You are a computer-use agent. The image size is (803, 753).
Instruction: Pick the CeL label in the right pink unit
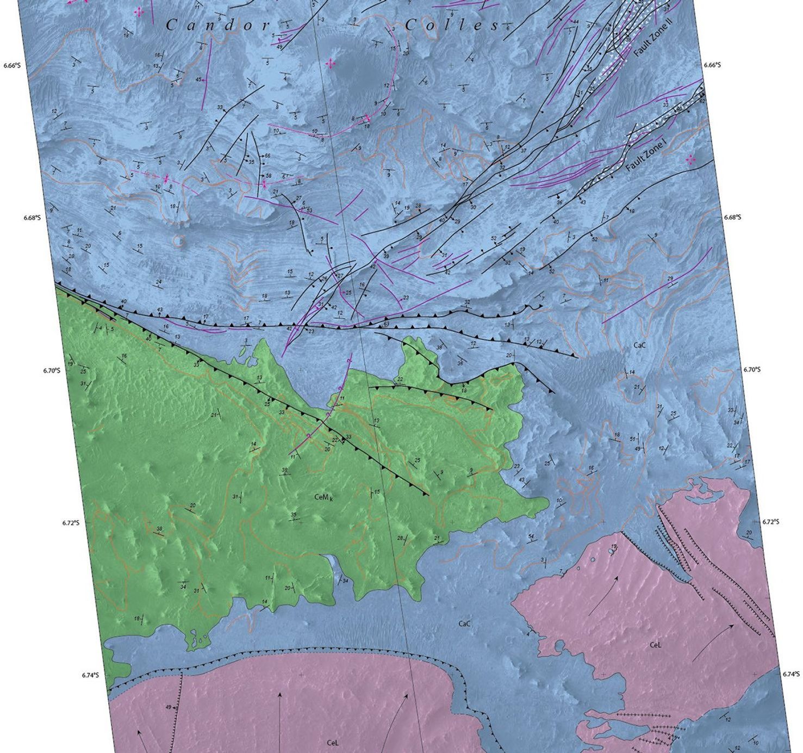point(655,645)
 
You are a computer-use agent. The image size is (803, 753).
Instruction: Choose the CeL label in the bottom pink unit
point(333,743)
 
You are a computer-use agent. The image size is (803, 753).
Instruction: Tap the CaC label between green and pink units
point(464,624)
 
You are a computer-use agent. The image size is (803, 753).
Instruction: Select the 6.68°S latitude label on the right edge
point(732,217)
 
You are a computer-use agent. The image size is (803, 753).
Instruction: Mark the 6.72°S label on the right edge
point(770,521)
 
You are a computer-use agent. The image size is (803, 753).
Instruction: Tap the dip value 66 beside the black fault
point(267,156)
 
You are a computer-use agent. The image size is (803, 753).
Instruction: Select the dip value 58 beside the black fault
point(268,176)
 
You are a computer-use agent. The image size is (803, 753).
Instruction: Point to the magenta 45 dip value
point(198,80)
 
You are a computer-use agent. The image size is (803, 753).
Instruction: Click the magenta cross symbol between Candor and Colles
point(330,64)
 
